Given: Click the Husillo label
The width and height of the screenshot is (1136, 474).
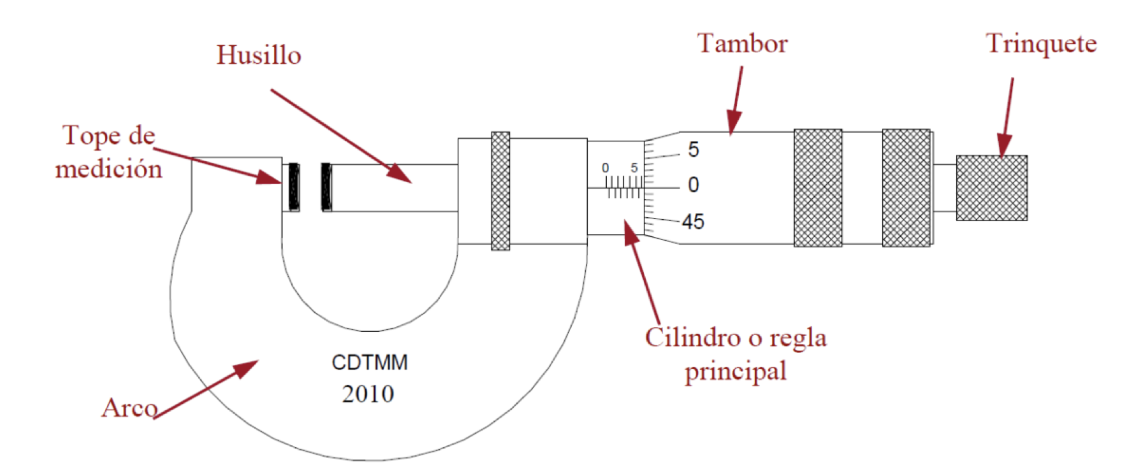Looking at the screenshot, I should click(258, 55).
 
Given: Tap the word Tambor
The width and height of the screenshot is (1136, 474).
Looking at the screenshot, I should click(742, 44).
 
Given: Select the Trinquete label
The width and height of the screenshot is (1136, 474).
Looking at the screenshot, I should click(1040, 44).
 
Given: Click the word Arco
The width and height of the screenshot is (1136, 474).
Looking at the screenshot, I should click(129, 408).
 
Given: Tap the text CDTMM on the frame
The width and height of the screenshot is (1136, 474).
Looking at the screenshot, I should click(370, 363).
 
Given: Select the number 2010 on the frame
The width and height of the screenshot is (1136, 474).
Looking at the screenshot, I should click(368, 394).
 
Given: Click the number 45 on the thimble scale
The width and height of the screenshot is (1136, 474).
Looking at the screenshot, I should click(693, 222).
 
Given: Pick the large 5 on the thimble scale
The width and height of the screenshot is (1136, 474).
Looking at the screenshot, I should click(694, 150).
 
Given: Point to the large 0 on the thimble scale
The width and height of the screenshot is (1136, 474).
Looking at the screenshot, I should click(694, 185).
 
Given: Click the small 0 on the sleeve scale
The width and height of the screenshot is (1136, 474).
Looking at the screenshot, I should click(605, 168).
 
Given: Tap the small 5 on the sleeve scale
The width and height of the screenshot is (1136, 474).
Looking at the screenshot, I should click(634, 168).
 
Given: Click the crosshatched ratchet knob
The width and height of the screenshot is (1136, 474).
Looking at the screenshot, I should click(991, 188).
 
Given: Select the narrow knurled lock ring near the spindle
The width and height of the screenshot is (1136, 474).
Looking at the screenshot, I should click(500, 190).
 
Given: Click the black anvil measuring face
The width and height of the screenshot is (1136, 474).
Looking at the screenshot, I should click(294, 187).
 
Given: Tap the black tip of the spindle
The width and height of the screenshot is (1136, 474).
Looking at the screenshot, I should click(326, 187).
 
